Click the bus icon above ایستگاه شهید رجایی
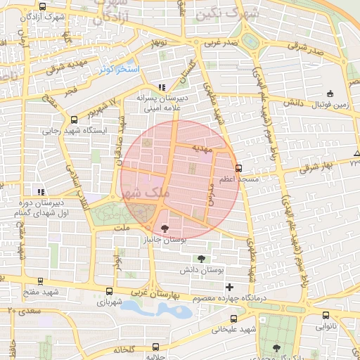tap(74, 120)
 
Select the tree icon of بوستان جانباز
tap(165, 229)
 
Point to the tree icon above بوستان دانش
tap(202, 259)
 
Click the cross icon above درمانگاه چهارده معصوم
tap(229, 287)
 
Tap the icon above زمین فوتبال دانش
tap(330, 94)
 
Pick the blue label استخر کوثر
tap(120, 70)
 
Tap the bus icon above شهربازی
tap(109, 291)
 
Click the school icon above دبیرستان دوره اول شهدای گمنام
tap(41, 191)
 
